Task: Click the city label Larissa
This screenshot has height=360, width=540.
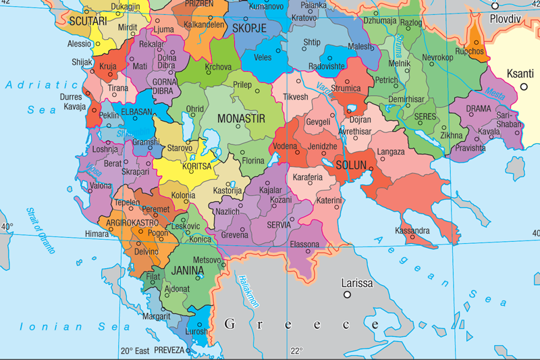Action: (x=356, y=283)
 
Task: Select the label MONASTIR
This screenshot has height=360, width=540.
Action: (x=241, y=118)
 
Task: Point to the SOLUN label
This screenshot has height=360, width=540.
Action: (x=351, y=165)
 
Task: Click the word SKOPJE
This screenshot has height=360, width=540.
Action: (x=249, y=28)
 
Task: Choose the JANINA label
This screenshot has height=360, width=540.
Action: (x=188, y=270)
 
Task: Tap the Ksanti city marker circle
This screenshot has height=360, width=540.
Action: (x=523, y=87)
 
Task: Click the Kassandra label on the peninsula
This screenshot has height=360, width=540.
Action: (x=412, y=231)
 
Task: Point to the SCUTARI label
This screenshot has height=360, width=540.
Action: (x=88, y=22)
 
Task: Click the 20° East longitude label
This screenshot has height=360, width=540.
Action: (x=135, y=351)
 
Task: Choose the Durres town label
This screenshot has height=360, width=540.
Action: (x=72, y=97)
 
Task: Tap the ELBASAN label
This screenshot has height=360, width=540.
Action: (x=136, y=115)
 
